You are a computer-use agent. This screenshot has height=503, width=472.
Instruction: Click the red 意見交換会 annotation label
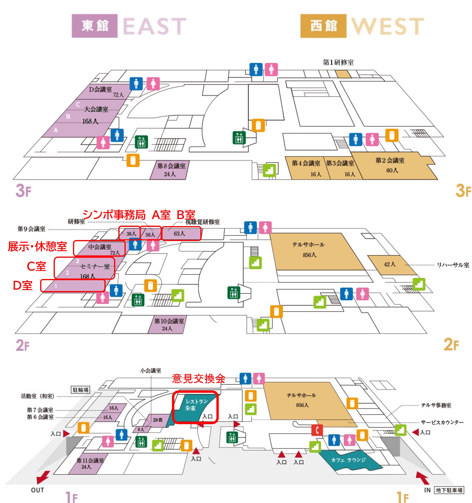click(x=198, y=379)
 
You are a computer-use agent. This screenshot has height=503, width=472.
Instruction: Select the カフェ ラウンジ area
click(x=348, y=460)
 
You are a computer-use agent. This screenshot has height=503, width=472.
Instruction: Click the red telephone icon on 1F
click(x=317, y=430)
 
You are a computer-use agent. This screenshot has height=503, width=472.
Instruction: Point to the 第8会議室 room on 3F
click(x=170, y=170)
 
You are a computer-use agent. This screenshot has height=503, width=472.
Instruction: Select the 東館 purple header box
click(x=95, y=26)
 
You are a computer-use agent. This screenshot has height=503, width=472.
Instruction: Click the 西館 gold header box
click(x=323, y=26)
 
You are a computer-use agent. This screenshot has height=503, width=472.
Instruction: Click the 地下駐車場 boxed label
click(x=449, y=490)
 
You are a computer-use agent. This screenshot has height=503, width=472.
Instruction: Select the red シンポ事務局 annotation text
click(x=114, y=215)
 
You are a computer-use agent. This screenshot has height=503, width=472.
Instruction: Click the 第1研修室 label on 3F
click(x=338, y=62)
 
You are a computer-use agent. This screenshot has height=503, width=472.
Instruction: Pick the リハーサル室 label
click(x=453, y=265)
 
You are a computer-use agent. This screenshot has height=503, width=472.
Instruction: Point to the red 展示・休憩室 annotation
click(x=37, y=246)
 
